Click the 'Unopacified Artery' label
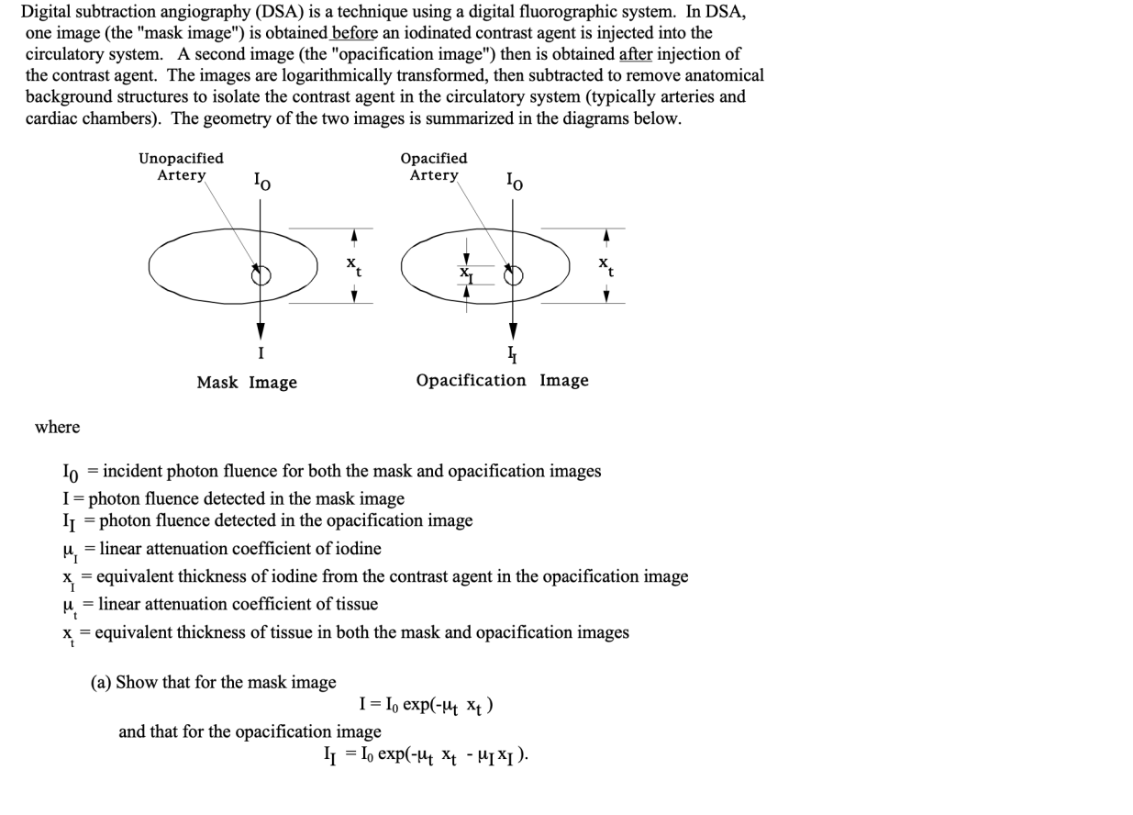(x=181, y=166)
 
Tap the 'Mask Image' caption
(x=247, y=382)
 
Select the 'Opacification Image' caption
(x=502, y=380)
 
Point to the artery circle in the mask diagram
(x=261, y=275)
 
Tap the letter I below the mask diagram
(x=261, y=352)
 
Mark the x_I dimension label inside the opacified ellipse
(x=466, y=274)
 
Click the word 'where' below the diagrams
(x=57, y=427)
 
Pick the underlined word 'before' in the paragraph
(x=353, y=33)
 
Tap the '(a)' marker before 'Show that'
(x=101, y=682)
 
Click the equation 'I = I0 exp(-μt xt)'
(x=427, y=705)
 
